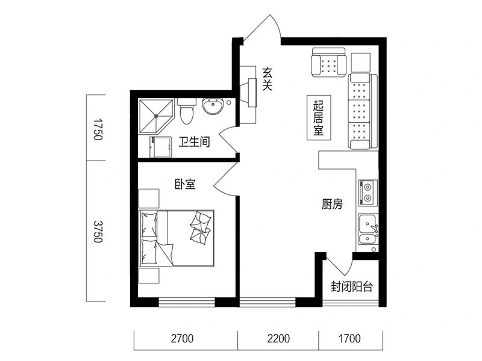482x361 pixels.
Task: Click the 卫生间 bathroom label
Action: pyautogui.click(x=194, y=142)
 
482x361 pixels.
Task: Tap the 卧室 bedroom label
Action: pyautogui.click(x=185, y=184)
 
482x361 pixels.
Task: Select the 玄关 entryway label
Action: pyautogui.click(x=267, y=79)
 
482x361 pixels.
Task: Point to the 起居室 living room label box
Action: pyautogui.click(x=319, y=117)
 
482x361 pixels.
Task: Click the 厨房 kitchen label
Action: pyautogui.click(x=332, y=204)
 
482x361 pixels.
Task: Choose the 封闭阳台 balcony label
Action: pyautogui.click(x=352, y=287)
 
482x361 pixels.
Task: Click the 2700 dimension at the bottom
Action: pyautogui.click(x=183, y=339)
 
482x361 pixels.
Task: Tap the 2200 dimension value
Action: pyautogui.click(x=278, y=339)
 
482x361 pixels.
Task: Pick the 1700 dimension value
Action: pyautogui.click(x=349, y=339)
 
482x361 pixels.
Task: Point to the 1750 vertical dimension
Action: pyautogui.click(x=98, y=129)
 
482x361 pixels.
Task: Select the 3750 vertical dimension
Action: pyautogui.click(x=98, y=232)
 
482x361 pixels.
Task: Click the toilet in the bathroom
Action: pyautogui.click(x=187, y=111)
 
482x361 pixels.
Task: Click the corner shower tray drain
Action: pyautogui.click(x=156, y=116)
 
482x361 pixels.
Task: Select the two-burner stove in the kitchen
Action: pyautogui.click(x=368, y=193)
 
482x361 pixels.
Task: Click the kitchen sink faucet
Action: pyautogui.click(x=374, y=229)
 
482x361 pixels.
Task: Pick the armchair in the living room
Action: pyautogui.click(x=328, y=63)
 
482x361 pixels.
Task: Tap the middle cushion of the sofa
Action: pyautogui.click(x=359, y=111)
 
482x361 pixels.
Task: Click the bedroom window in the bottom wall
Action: pyautogui.click(x=187, y=302)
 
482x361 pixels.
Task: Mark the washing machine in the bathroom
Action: pyautogui.click(x=160, y=147)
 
